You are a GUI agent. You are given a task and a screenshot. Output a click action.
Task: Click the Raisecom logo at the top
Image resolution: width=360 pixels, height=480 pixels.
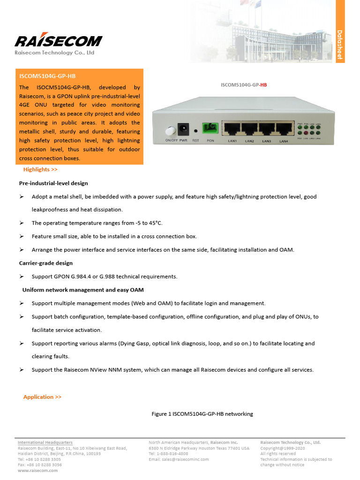coord(58,41)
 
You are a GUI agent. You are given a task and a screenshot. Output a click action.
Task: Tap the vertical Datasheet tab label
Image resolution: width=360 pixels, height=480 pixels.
coord(340,45)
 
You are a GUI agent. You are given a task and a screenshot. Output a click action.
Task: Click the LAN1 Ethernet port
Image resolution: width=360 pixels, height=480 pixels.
coord(232,130)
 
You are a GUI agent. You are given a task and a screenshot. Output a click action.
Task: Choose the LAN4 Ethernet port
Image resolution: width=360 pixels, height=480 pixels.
coord(284,130)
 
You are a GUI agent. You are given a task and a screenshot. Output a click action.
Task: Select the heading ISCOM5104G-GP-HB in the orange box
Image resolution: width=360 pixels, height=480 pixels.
coord(47,76)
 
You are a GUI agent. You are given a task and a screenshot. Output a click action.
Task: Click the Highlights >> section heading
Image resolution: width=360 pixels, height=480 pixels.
coord(40,170)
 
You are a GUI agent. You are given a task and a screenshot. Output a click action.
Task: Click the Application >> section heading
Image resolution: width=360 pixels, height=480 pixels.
coord(42,397)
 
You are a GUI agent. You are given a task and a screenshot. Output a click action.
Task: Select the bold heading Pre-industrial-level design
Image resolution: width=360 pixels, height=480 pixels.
coord(53,183)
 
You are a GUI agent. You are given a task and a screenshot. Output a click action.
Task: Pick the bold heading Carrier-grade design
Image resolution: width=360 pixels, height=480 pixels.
coord(46,263)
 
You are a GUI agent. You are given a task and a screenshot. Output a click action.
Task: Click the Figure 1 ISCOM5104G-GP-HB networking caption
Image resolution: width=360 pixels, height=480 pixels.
coord(202,414)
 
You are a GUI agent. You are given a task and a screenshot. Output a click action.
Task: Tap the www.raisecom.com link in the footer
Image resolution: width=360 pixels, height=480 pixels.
coord(37,471)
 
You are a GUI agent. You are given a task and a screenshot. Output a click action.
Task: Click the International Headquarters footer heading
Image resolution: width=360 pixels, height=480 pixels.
coord(45,442)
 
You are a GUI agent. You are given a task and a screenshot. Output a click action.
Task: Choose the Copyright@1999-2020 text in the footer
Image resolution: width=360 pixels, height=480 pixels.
coord(283,448)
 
